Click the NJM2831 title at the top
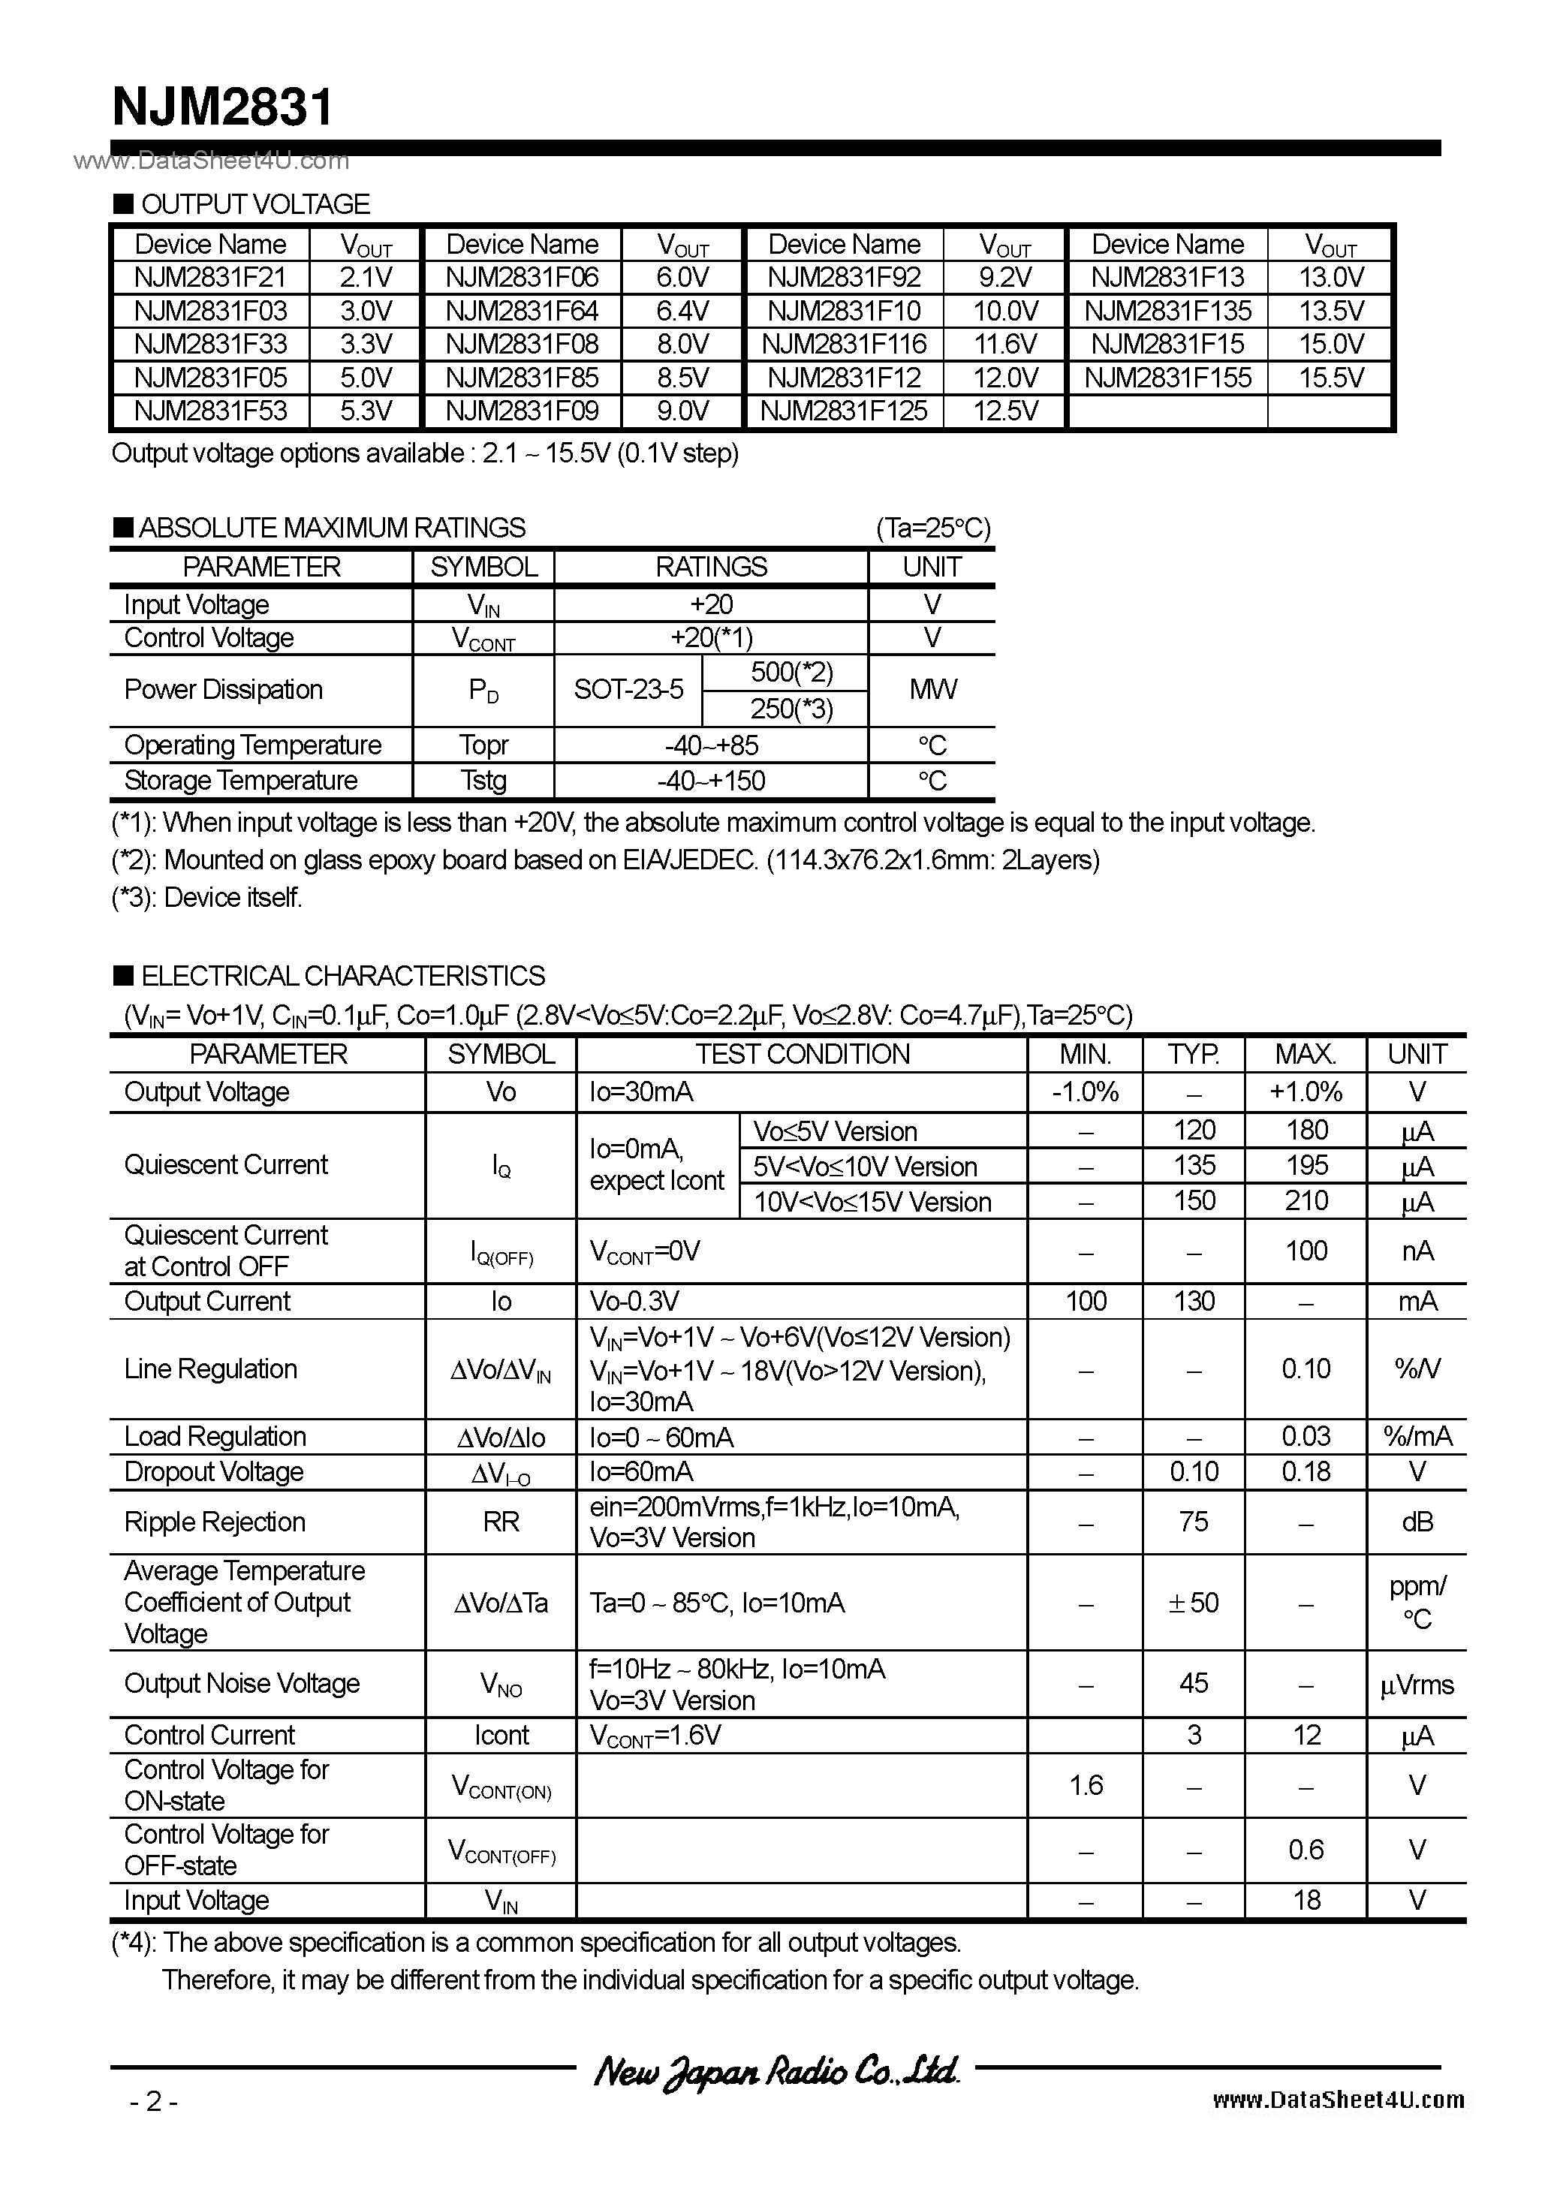click(x=222, y=107)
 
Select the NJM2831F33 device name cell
click(x=210, y=344)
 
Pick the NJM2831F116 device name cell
click(x=845, y=344)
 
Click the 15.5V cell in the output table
click(x=1331, y=378)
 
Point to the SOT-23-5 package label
click(x=628, y=690)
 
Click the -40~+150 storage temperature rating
click(x=712, y=781)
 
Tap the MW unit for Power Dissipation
click(x=932, y=690)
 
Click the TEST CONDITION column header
click(x=803, y=1053)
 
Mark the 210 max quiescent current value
click(x=1306, y=1201)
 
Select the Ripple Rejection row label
click(x=215, y=1522)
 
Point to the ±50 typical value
click(x=1194, y=1602)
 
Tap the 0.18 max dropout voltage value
click(x=1306, y=1471)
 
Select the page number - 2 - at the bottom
click(x=153, y=2101)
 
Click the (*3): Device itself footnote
click(x=207, y=898)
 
